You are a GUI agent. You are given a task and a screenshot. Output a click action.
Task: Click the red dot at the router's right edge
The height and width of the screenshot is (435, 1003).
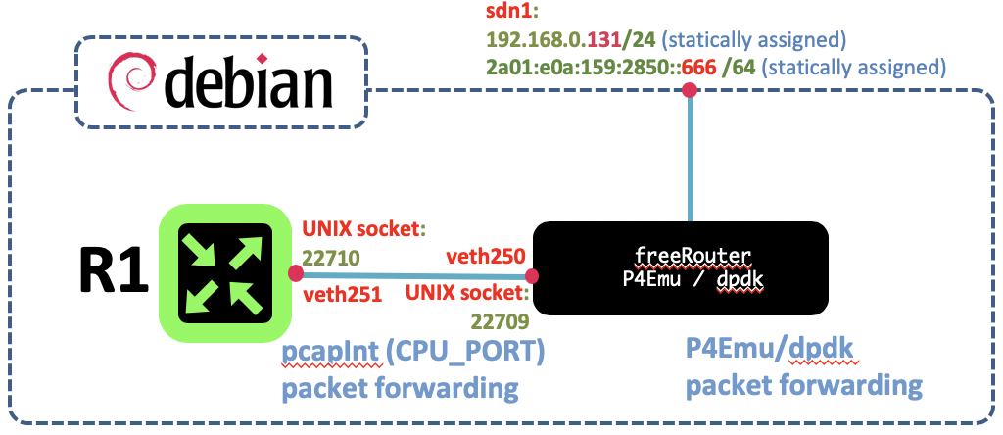pos(296,273)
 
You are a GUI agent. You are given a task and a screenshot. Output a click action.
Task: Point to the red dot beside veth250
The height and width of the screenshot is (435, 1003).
pos(532,276)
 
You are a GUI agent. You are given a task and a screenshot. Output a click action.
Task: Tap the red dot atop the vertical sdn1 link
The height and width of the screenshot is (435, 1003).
pos(690,91)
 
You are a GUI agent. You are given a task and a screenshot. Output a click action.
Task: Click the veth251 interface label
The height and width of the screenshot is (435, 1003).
pos(342,295)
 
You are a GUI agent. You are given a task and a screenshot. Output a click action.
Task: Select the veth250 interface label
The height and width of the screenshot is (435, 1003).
pos(486,256)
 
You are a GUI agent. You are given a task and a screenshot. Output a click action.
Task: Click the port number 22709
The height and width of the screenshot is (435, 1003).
pos(498,320)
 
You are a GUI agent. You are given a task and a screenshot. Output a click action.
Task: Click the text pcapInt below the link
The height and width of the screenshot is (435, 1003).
pos(333,357)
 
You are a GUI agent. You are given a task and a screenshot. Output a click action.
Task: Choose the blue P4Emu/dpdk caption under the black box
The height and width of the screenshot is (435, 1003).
pos(772,351)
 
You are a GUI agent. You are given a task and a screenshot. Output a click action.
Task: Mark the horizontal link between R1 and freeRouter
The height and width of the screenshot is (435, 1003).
pos(414,275)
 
